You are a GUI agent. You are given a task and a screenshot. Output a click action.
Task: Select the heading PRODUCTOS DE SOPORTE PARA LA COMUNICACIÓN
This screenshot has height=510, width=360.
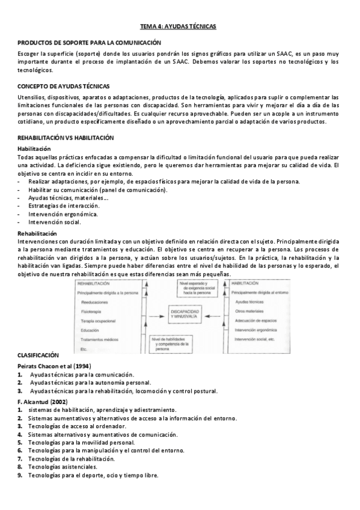(90, 43)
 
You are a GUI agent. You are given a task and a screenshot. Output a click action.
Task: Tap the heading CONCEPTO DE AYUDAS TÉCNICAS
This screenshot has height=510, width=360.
(64, 86)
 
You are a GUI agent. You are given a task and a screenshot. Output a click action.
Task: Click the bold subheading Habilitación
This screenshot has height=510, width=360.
(34, 148)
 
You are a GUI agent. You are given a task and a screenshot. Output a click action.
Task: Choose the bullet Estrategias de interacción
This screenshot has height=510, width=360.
(64, 206)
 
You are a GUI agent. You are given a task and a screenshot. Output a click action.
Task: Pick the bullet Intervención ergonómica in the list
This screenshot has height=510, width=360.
(63, 214)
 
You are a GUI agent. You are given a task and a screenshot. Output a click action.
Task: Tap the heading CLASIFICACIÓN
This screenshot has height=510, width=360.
(38, 355)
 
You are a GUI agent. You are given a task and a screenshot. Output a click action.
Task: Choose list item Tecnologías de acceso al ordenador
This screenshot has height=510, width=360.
(78, 426)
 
